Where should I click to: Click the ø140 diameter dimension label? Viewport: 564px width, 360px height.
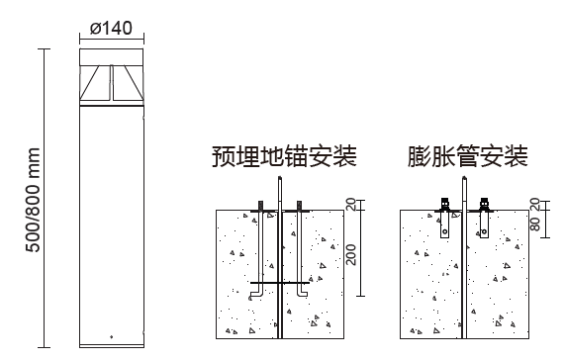(x=111, y=28)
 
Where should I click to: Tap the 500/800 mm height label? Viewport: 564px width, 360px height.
(x=33, y=200)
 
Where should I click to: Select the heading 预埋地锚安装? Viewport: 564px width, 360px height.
(x=284, y=156)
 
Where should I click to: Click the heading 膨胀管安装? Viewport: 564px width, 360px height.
(x=468, y=156)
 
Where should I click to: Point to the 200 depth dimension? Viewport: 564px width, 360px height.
(x=351, y=254)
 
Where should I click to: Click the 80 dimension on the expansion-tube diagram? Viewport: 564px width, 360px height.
(x=535, y=225)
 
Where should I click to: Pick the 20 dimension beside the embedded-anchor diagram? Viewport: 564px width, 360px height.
(x=351, y=205)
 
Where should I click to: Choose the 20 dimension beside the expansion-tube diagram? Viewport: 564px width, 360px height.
(x=535, y=205)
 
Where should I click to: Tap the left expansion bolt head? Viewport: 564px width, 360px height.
(x=445, y=204)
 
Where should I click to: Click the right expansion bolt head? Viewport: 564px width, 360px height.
(x=485, y=204)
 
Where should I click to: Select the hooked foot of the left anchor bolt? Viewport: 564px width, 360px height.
(x=256, y=295)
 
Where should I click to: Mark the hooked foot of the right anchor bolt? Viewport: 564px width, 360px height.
(x=302, y=294)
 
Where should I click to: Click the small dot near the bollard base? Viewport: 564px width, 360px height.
(x=111, y=337)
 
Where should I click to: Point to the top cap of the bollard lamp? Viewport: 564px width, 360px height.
(x=111, y=57)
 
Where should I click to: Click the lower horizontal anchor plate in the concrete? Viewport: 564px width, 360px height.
(x=280, y=283)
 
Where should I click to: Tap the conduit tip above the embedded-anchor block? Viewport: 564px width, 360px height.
(x=280, y=177)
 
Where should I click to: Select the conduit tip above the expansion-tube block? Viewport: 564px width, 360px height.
(x=464, y=177)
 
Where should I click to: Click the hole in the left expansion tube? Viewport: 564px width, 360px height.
(x=445, y=231)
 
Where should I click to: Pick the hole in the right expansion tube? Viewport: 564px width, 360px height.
(x=485, y=231)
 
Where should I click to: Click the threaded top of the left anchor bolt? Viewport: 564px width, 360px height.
(x=260, y=205)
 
